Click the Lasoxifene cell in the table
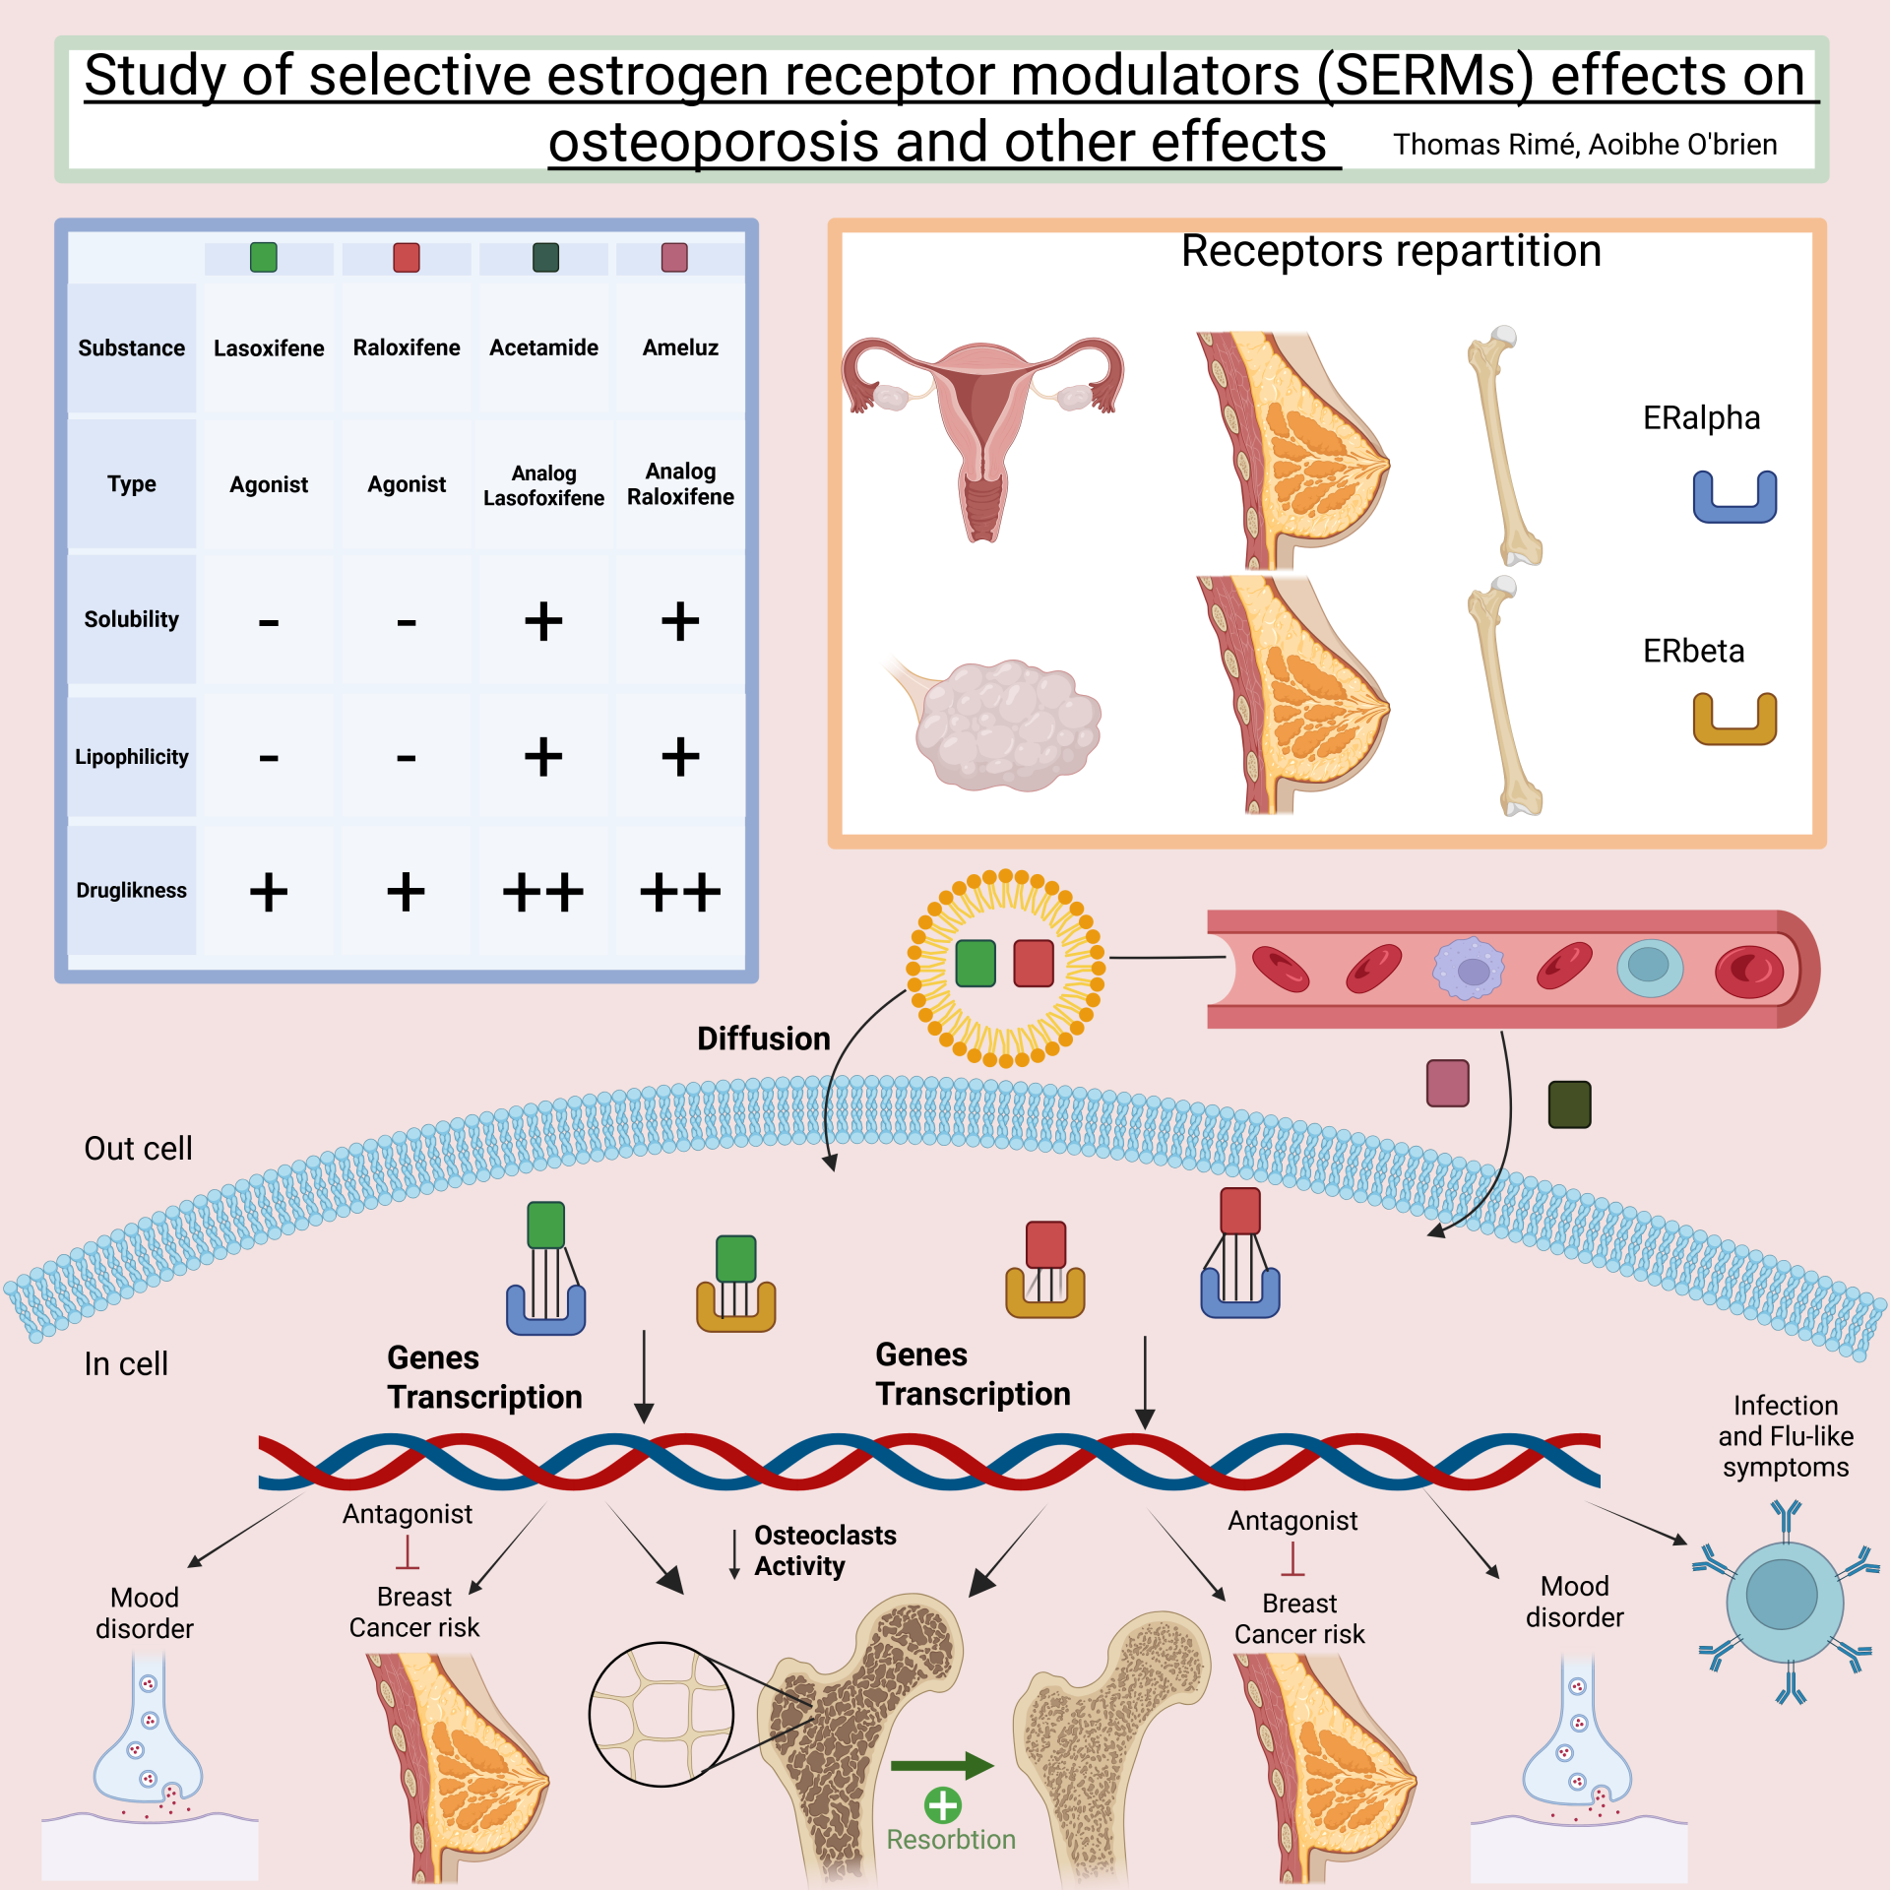point(269,348)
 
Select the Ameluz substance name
point(680,347)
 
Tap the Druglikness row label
point(131,890)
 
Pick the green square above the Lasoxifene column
point(264,258)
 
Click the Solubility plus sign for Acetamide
point(543,621)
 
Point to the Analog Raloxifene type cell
point(680,483)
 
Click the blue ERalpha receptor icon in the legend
point(1733,497)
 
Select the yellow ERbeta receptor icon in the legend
point(1733,719)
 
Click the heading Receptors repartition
point(1390,251)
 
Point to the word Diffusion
point(763,1039)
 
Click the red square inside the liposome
point(1034,963)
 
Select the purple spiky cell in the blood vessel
point(1469,969)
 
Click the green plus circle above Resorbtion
point(943,1805)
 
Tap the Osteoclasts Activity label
point(824,1550)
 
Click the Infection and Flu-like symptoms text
point(1785,1436)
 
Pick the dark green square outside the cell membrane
point(1569,1103)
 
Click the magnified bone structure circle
point(661,1714)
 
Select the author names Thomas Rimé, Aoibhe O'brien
point(1584,145)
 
